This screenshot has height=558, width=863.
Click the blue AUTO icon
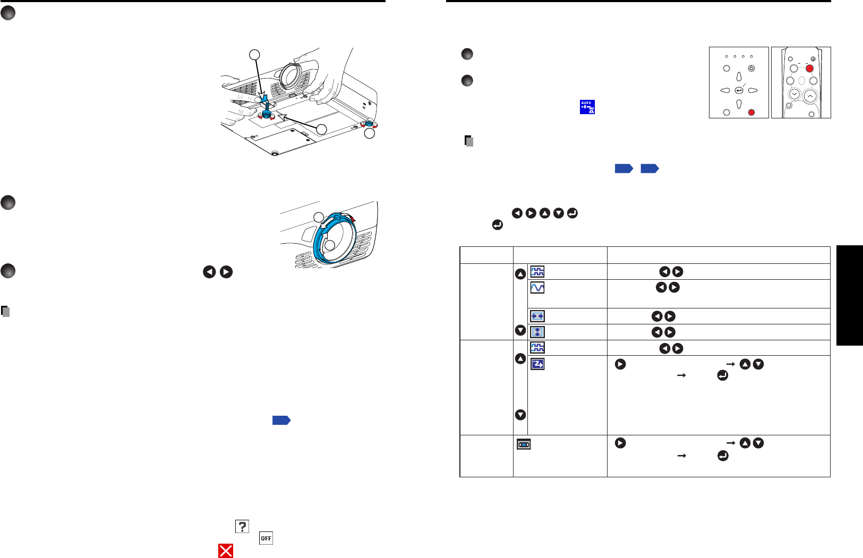(x=587, y=107)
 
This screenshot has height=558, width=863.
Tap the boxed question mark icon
(x=242, y=526)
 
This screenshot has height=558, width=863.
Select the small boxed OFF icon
(x=266, y=538)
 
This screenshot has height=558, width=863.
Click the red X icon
(x=226, y=551)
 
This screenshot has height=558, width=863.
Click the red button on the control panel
(x=751, y=112)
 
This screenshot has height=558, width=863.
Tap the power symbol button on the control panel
(x=751, y=68)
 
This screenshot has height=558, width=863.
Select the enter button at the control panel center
(x=739, y=90)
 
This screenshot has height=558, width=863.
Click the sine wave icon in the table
(x=537, y=287)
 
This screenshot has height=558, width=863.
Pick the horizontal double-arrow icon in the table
(x=537, y=316)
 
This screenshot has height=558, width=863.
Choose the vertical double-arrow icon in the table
(x=537, y=332)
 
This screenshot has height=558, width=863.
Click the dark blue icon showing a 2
(x=537, y=364)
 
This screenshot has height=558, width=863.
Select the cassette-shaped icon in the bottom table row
(x=524, y=444)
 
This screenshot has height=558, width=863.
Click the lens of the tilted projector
(x=290, y=75)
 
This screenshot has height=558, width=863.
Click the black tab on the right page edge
(x=850, y=295)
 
